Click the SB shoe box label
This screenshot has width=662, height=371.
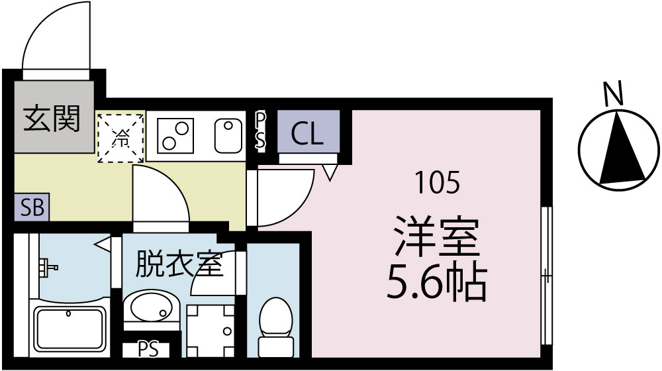pos(31,208)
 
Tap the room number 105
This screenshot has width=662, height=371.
pos(436,181)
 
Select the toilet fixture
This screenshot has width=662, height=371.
pos(274,326)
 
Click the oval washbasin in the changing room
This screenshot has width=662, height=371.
pos(151,308)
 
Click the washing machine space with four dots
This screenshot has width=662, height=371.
pos(210,330)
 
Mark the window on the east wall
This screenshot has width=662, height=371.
pos(545,275)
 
